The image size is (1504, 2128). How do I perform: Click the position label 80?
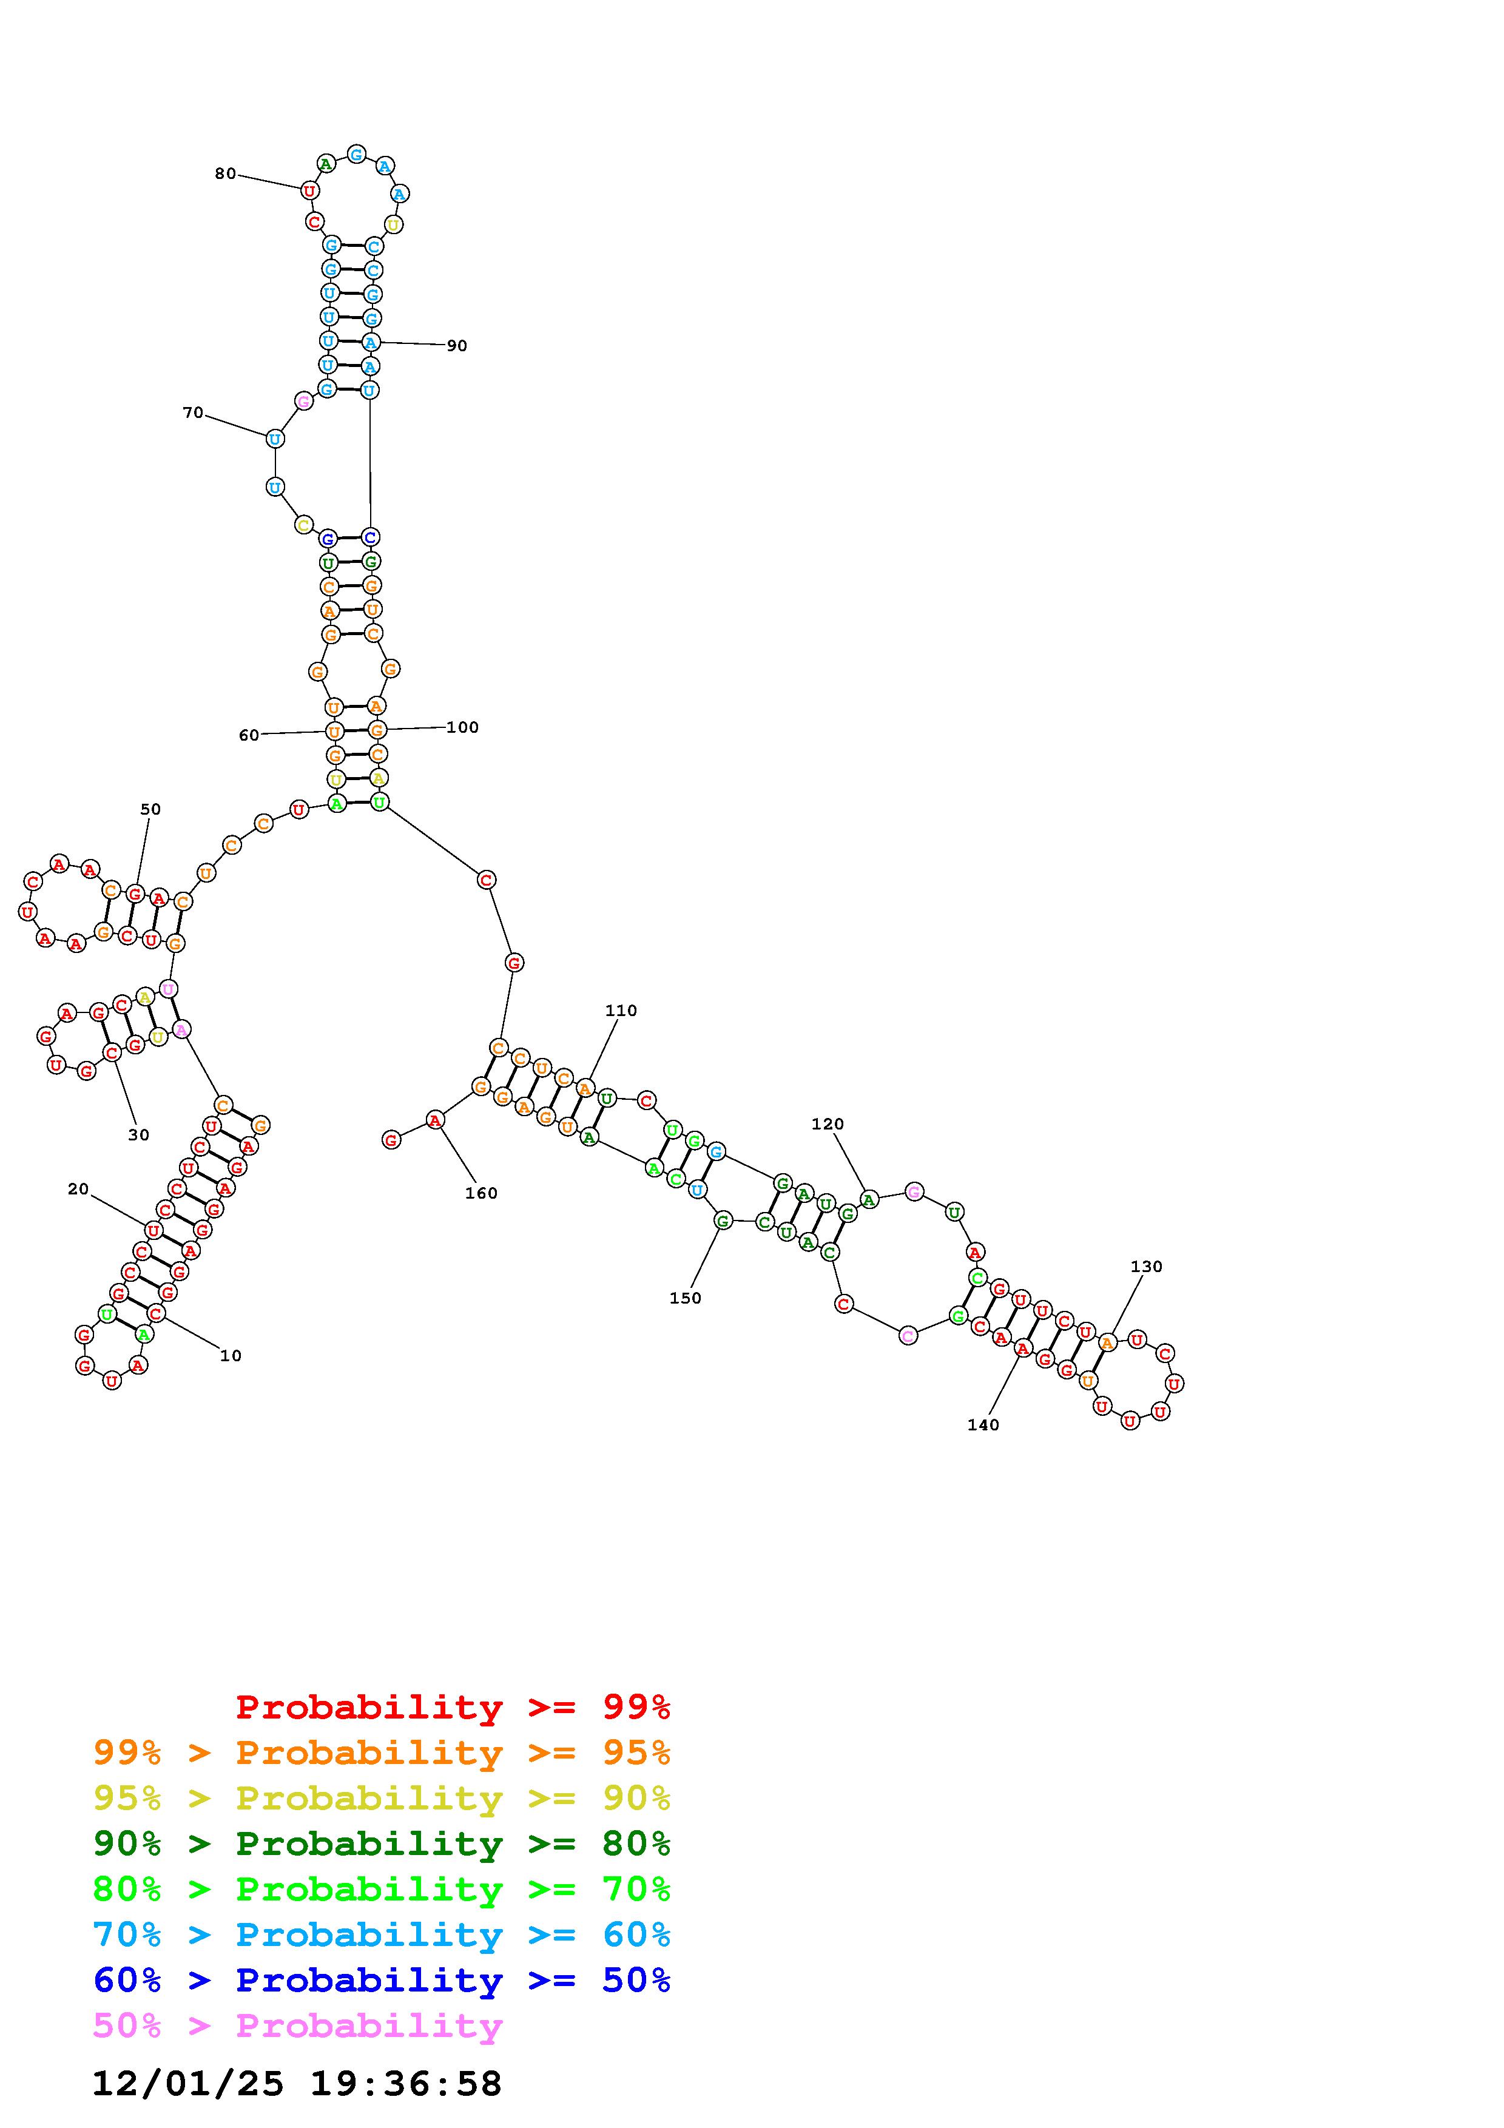[225, 173]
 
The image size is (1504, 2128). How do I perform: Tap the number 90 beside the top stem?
[457, 346]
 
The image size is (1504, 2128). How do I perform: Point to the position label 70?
[193, 412]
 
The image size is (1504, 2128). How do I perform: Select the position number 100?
[462, 727]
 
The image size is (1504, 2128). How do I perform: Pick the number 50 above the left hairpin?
[150, 809]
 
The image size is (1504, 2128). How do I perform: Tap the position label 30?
[138, 1134]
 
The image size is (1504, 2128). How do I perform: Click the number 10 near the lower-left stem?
[231, 1355]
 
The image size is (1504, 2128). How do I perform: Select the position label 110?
[621, 1010]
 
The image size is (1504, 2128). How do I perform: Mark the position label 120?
[828, 1123]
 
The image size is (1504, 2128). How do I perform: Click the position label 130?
[1146, 1266]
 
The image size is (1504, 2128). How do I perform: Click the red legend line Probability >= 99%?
[453, 1707]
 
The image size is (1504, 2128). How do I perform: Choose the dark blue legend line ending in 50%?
[382, 1981]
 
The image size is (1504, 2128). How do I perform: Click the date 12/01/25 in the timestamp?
[188, 2084]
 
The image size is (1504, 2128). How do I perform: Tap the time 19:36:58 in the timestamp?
[406, 2084]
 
